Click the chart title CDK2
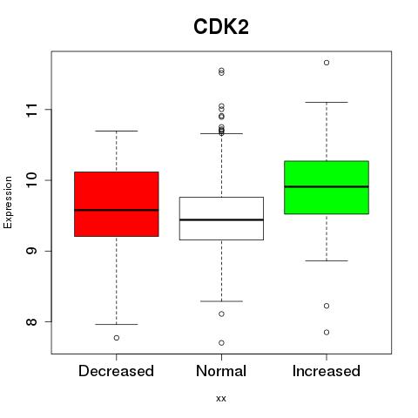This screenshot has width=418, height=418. [221, 27]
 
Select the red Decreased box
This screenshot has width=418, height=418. [117, 204]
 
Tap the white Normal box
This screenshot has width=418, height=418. [221, 219]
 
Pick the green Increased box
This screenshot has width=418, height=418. [327, 187]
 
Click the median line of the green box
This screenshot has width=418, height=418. [327, 186]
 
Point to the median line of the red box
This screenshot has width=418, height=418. [117, 210]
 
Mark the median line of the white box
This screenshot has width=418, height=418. [221, 219]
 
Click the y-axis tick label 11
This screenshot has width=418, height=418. [31, 110]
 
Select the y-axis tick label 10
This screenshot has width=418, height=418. [31, 180]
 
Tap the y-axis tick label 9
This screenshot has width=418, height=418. [31, 251]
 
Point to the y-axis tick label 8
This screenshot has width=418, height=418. [31, 321]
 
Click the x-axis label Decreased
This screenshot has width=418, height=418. [116, 371]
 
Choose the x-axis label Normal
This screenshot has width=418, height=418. [221, 371]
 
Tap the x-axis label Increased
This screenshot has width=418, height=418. [327, 371]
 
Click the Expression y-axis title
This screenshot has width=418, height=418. [8, 202]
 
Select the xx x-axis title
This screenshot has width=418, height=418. [221, 399]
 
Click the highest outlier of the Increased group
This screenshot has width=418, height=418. [327, 63]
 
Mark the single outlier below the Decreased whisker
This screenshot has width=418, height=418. [117, 338]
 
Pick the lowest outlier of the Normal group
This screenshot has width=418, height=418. [221, 343]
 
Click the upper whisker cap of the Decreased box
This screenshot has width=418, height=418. [117, 131]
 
